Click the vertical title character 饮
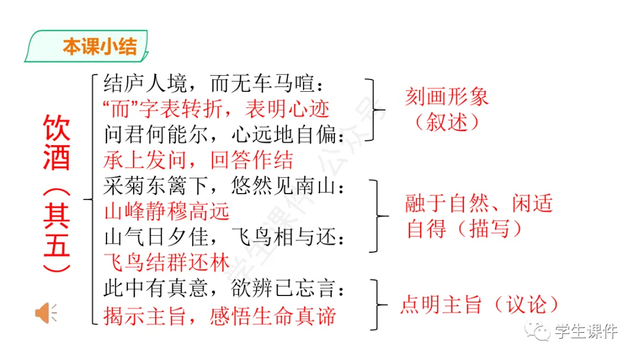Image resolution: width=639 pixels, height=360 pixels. (56, 127)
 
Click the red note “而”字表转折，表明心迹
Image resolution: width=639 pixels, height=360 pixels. (216, 109)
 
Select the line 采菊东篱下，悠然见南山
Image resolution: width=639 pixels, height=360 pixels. (224, 187)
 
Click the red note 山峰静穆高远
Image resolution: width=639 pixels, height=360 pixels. (166, 211)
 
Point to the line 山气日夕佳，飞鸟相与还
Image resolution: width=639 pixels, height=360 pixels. (224, 237)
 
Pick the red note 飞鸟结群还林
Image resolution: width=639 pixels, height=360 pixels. (166, 262)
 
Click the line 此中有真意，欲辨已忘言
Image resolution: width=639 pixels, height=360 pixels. (224, 289)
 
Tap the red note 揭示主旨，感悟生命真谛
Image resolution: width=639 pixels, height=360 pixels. (220, 315)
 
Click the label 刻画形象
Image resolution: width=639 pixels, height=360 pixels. (447, 97)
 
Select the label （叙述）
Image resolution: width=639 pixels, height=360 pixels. (446, 122)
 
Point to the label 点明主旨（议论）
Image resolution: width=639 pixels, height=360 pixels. (480, 304)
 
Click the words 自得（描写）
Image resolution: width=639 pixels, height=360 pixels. (464, 229)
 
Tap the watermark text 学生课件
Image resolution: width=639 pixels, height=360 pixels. (586, 332)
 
